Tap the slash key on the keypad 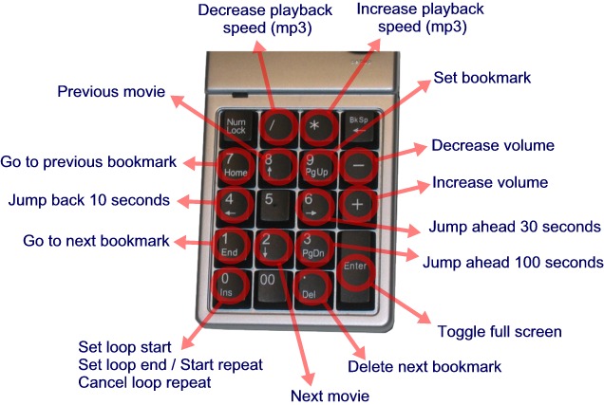(x=276, y=126)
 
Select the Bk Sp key (x=358, y=125)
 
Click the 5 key (x=273, y=204)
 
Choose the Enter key (x=356, y=267)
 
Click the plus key (x=357, y=204)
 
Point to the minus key (x=356, y=164)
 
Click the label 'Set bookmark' (x=482, y=77)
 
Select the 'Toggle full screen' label (x=499, y=332)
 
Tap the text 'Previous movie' (x=111, y=92)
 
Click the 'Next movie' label (x=329, y=394)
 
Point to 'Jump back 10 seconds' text (x=89, y=200)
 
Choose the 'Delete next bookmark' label (x=424, y=366)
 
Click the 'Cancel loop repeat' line (x=144, y=382)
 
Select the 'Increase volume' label (x=490, y=182)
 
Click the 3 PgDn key (x=314, y=246)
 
